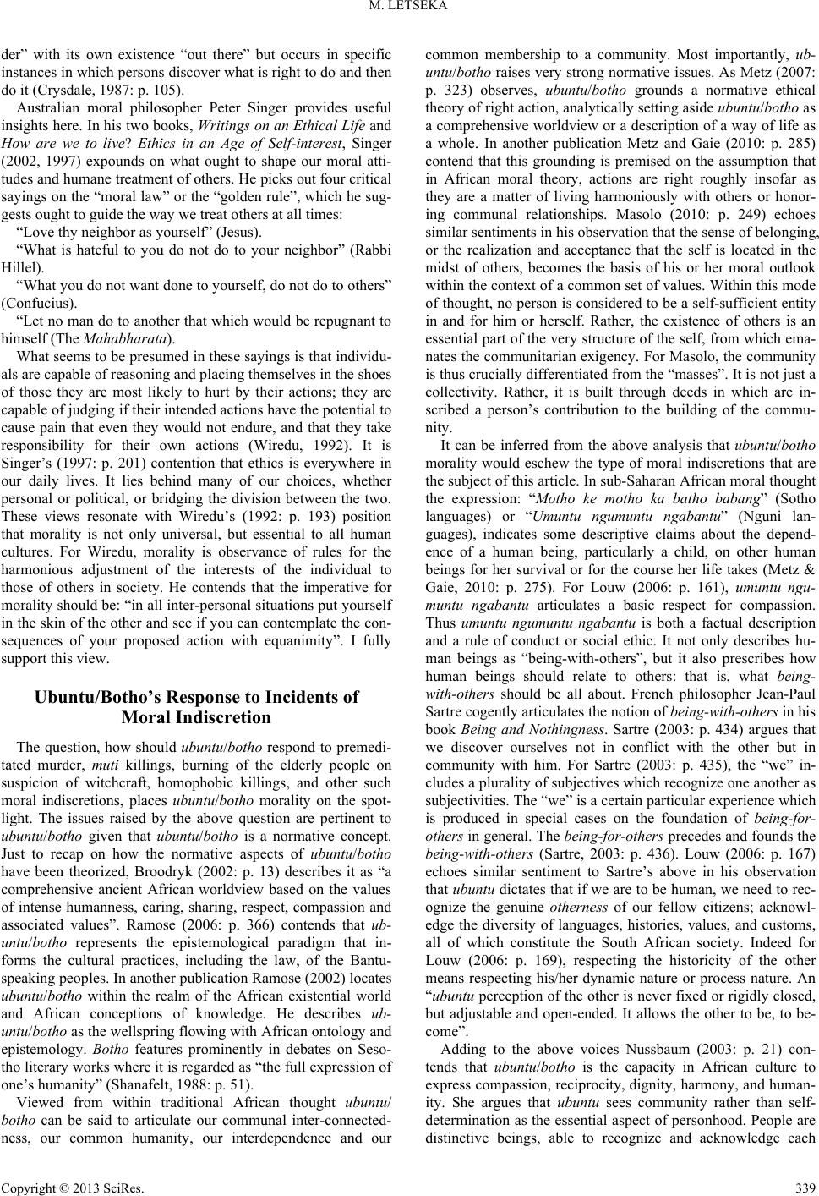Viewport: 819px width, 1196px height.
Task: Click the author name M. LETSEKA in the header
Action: tap(409, 9)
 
